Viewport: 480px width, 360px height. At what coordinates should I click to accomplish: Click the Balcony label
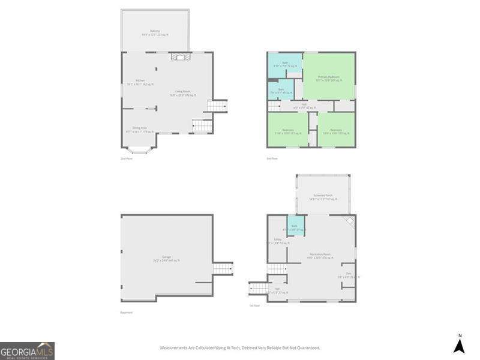pyautogui.click(x=155, y=32)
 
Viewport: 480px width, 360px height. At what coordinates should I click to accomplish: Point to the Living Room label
pyautogui.click(x=183, y=93)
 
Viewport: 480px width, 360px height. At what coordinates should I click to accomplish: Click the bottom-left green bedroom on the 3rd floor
pyautogui.click(x=287, y=131)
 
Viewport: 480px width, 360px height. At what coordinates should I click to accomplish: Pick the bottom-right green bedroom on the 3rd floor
pyautogui.click(x=336, y=131)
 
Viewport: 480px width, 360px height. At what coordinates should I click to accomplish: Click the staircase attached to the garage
pyautogui.click(x=223, y=268)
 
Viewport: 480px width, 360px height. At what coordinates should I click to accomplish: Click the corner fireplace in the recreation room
pyautogui.click(x=349, y=221)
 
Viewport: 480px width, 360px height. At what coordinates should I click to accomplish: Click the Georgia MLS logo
pyautogui.click(x=27, y=350)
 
